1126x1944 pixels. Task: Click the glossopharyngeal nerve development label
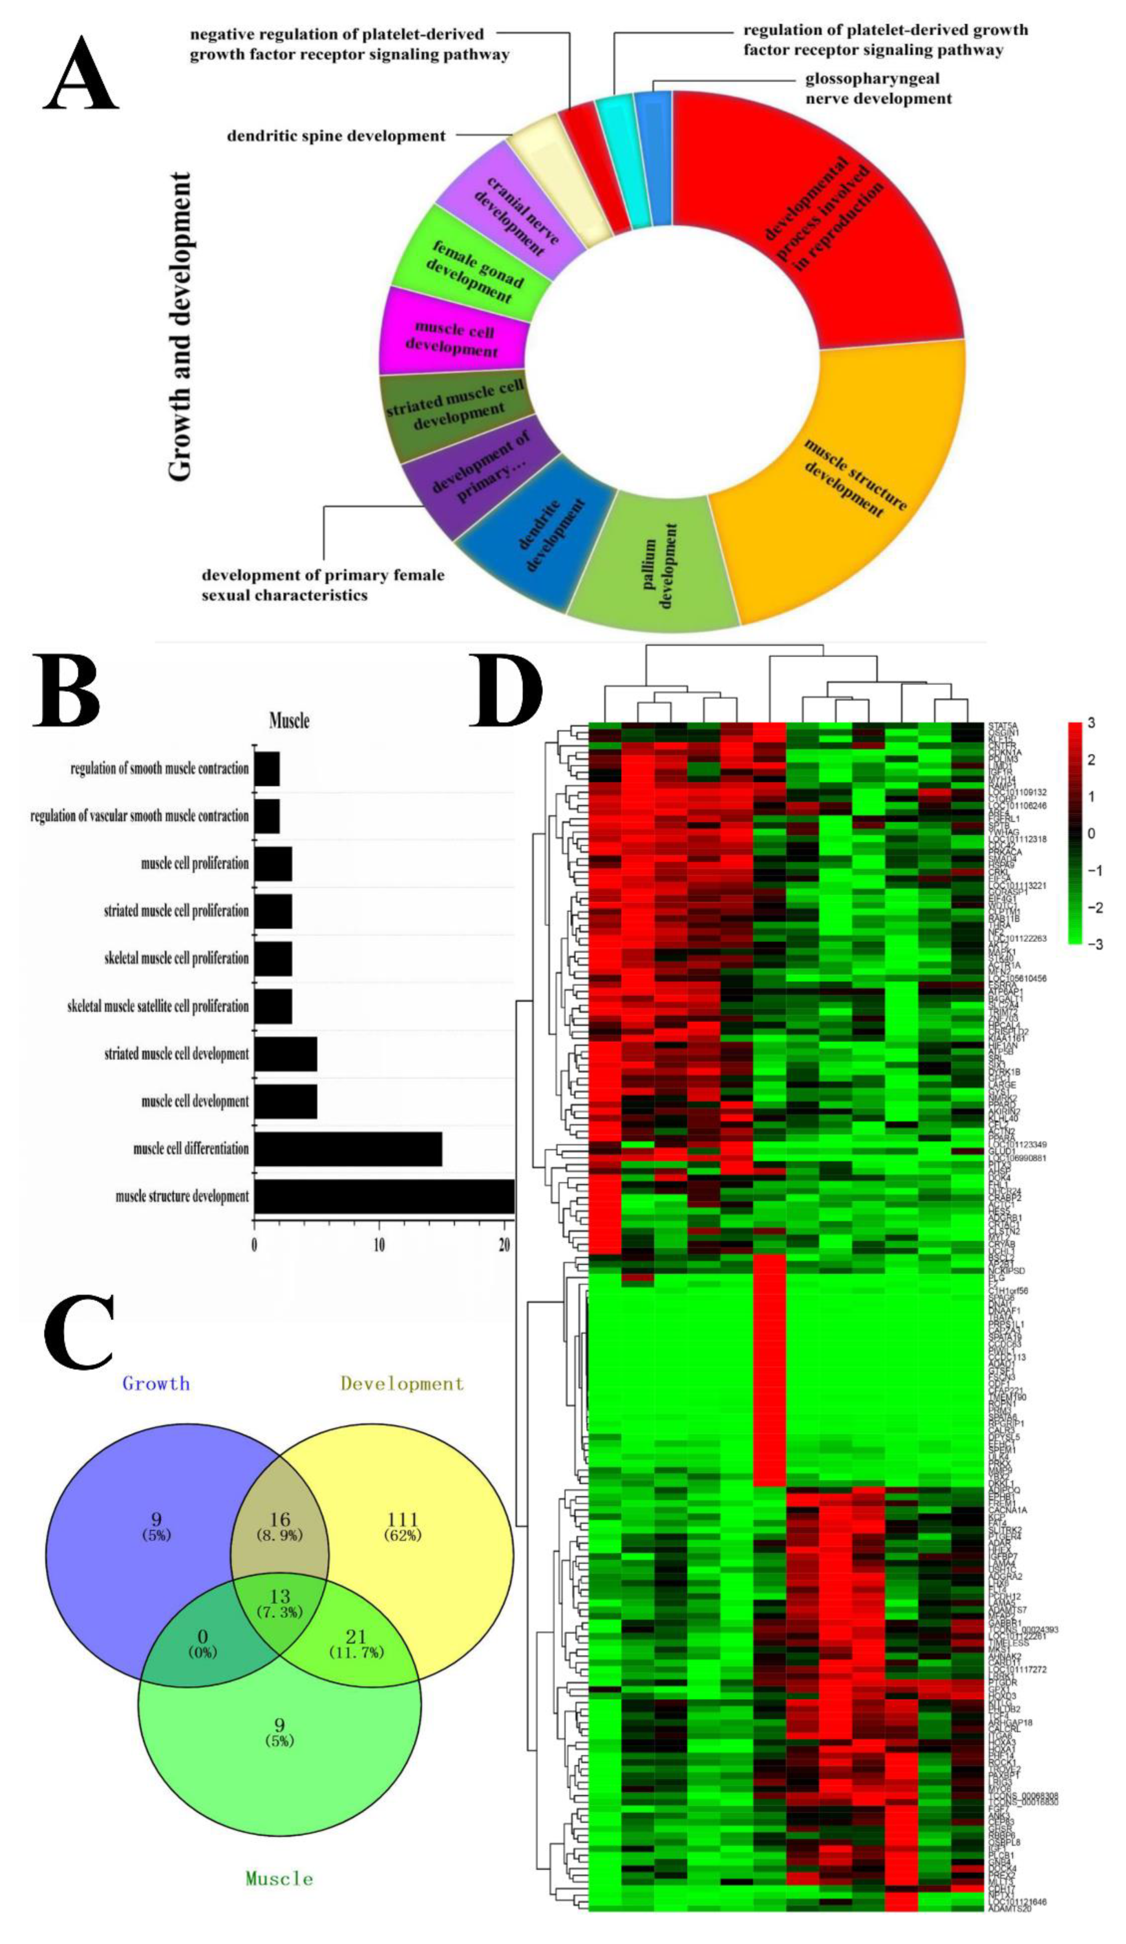(x=878, y=89)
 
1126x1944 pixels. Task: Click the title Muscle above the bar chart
(x=289, y=720)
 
